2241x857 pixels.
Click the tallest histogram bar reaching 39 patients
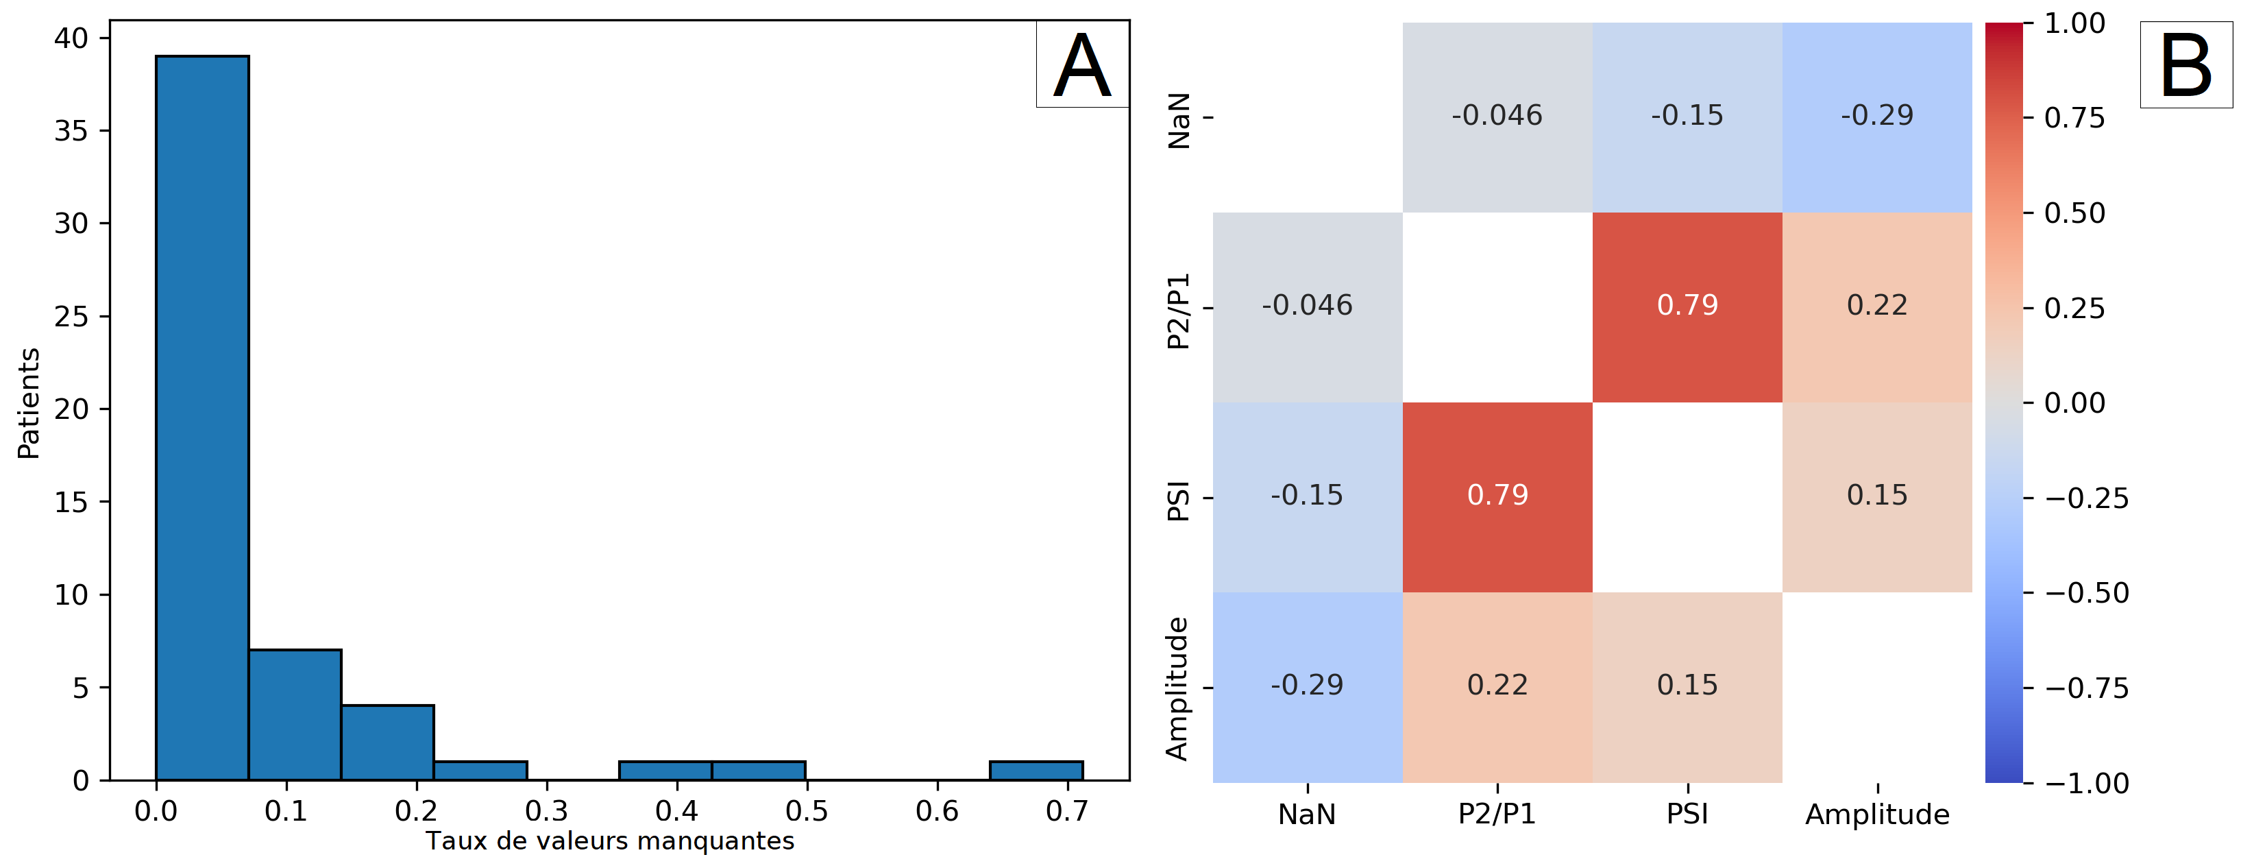click(202, 418)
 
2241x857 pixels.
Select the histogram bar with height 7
click(295, 714)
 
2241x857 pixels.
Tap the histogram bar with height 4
click(387, 742)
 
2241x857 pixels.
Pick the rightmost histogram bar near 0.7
click(1036, 771)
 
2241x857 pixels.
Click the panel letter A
click(1082, 65)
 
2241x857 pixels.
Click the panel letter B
click(2185, 65)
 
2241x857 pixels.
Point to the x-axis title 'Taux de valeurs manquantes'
click(610, 841)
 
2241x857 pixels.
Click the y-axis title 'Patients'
click(29, 403)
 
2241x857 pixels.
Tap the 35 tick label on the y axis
click(71, 130)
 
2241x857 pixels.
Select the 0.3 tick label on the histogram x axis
click(546, 811)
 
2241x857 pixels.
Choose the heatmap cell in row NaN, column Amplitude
click(1876, 117)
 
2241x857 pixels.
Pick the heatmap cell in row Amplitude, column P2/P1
click(1497, 686)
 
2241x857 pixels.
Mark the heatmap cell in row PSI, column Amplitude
click(1876, 496)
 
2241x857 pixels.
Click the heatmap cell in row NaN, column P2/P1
click(1497, 117)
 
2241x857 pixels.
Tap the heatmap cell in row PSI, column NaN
click(1307, 496)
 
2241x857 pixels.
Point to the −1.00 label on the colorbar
click(2086, 783)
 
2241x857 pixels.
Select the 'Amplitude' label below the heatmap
click(1876, 814)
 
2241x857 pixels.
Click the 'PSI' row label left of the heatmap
click(1178, 502)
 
